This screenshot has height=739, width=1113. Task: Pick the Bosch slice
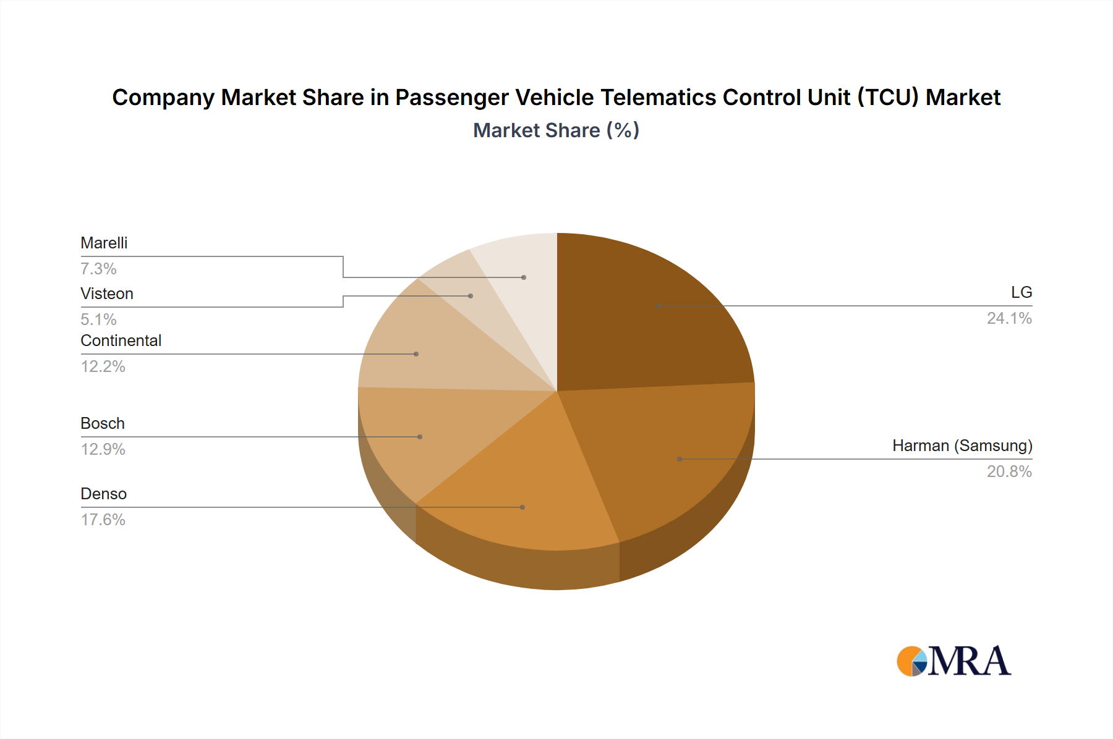point(427,433)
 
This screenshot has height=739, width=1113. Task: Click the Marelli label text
point(104,243)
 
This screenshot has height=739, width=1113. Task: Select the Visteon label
point(107,294)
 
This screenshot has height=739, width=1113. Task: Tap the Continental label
point(121,341)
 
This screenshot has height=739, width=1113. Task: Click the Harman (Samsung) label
point(962,446)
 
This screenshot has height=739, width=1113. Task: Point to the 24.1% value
point(1009,319)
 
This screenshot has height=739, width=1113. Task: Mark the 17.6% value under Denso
point(103,520)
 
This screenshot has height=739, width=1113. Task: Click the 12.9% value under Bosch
point(103,450)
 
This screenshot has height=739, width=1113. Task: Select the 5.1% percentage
point(98,320)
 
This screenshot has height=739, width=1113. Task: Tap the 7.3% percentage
point(98,269)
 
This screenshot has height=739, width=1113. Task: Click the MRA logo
point(953,661)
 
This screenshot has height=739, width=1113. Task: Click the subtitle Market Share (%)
point(556,131)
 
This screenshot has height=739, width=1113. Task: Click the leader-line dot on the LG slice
point(659,306)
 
